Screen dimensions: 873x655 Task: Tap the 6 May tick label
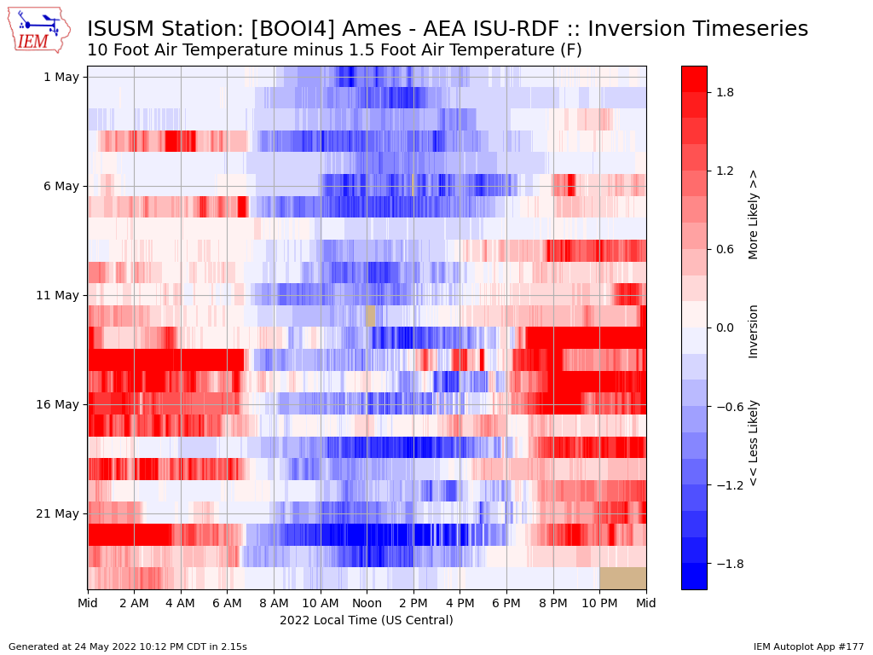click(61, 186)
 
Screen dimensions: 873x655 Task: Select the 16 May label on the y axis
click(57, 404)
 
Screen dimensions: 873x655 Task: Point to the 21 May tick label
click(57, 513)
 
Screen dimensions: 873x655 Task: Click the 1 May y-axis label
click(61, 77)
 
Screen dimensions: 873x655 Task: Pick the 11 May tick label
click(57, 295)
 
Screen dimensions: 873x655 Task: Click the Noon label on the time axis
click(367, 603)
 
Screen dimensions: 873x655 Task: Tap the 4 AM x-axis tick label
click(181, 603)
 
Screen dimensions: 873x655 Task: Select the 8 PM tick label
click(552, 603)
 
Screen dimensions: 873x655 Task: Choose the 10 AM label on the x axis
click(321, 603)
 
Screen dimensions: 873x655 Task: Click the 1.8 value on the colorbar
click(725, 92)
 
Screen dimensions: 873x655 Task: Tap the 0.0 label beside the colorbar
click(725, 327)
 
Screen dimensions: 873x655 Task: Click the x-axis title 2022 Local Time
click(367, 620)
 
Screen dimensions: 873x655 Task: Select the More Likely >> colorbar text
click(753, 215)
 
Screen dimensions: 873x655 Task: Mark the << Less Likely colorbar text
click(753, 443)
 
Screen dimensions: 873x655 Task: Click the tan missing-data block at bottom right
click(623, 578)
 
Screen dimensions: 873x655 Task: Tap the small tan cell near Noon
click(371, 316)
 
